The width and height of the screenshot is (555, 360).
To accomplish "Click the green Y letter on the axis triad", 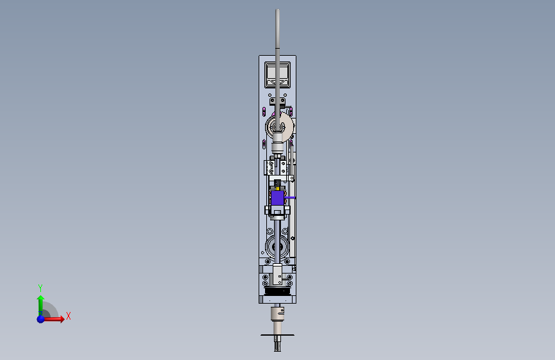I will point(40,288).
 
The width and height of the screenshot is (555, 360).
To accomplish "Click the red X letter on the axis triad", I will point(68,316).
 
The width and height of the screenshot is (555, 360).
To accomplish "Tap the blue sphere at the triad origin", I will point(41,318).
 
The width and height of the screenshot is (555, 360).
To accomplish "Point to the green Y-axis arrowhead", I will point(40,299).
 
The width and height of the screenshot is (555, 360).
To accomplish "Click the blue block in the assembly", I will point(278,198).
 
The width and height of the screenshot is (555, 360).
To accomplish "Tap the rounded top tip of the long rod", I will point(277,12).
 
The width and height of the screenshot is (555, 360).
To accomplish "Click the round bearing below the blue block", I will point(278,245).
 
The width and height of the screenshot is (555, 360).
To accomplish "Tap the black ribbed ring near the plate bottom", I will point(278,291).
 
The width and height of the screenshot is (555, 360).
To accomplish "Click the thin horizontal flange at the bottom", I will point(278,334).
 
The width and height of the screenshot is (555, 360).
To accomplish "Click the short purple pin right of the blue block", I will point(291,197).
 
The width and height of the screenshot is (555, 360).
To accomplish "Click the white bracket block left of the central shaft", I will point(268,168).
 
